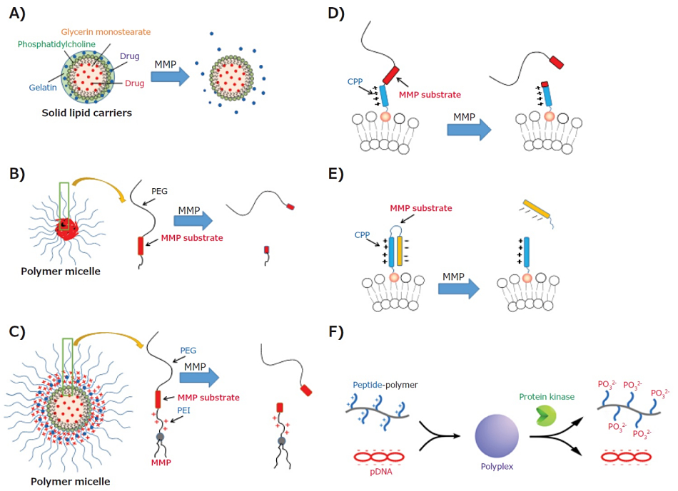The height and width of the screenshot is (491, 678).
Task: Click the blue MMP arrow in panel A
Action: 172,74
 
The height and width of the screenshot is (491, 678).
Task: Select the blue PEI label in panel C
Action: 183,411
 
